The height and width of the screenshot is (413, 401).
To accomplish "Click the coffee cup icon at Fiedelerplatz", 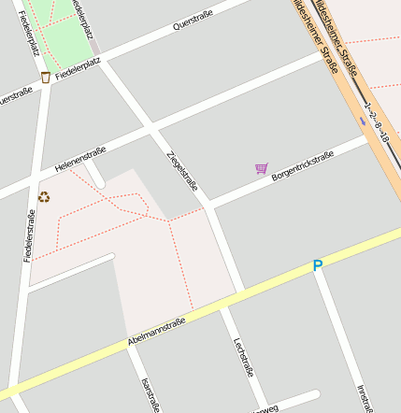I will coord(46,77).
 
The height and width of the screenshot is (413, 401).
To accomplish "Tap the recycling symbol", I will coord(44,196).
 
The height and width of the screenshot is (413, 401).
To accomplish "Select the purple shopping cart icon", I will coord(262,169).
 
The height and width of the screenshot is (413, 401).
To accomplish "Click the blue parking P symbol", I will coord(318,266).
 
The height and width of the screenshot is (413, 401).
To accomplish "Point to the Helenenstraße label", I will coord(80,158).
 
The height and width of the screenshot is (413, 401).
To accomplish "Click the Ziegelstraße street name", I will coord(181,171).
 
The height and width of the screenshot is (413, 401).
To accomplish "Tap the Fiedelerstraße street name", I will coord(29,235).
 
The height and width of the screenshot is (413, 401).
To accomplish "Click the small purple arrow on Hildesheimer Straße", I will coord(363,120).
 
